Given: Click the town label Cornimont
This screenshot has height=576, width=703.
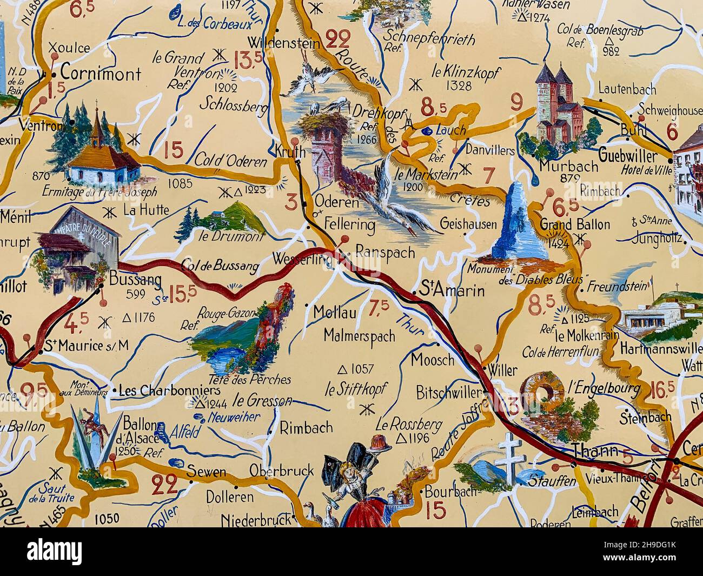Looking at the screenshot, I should click(100, 73).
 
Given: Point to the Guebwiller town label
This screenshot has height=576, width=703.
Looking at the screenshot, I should click(628, 157).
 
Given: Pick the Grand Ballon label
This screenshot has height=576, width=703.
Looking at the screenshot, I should click(575, 224).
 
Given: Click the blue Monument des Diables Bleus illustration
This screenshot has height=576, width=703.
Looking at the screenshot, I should click(519, 222).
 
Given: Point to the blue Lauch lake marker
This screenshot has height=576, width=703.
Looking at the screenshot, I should click(427, 130).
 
